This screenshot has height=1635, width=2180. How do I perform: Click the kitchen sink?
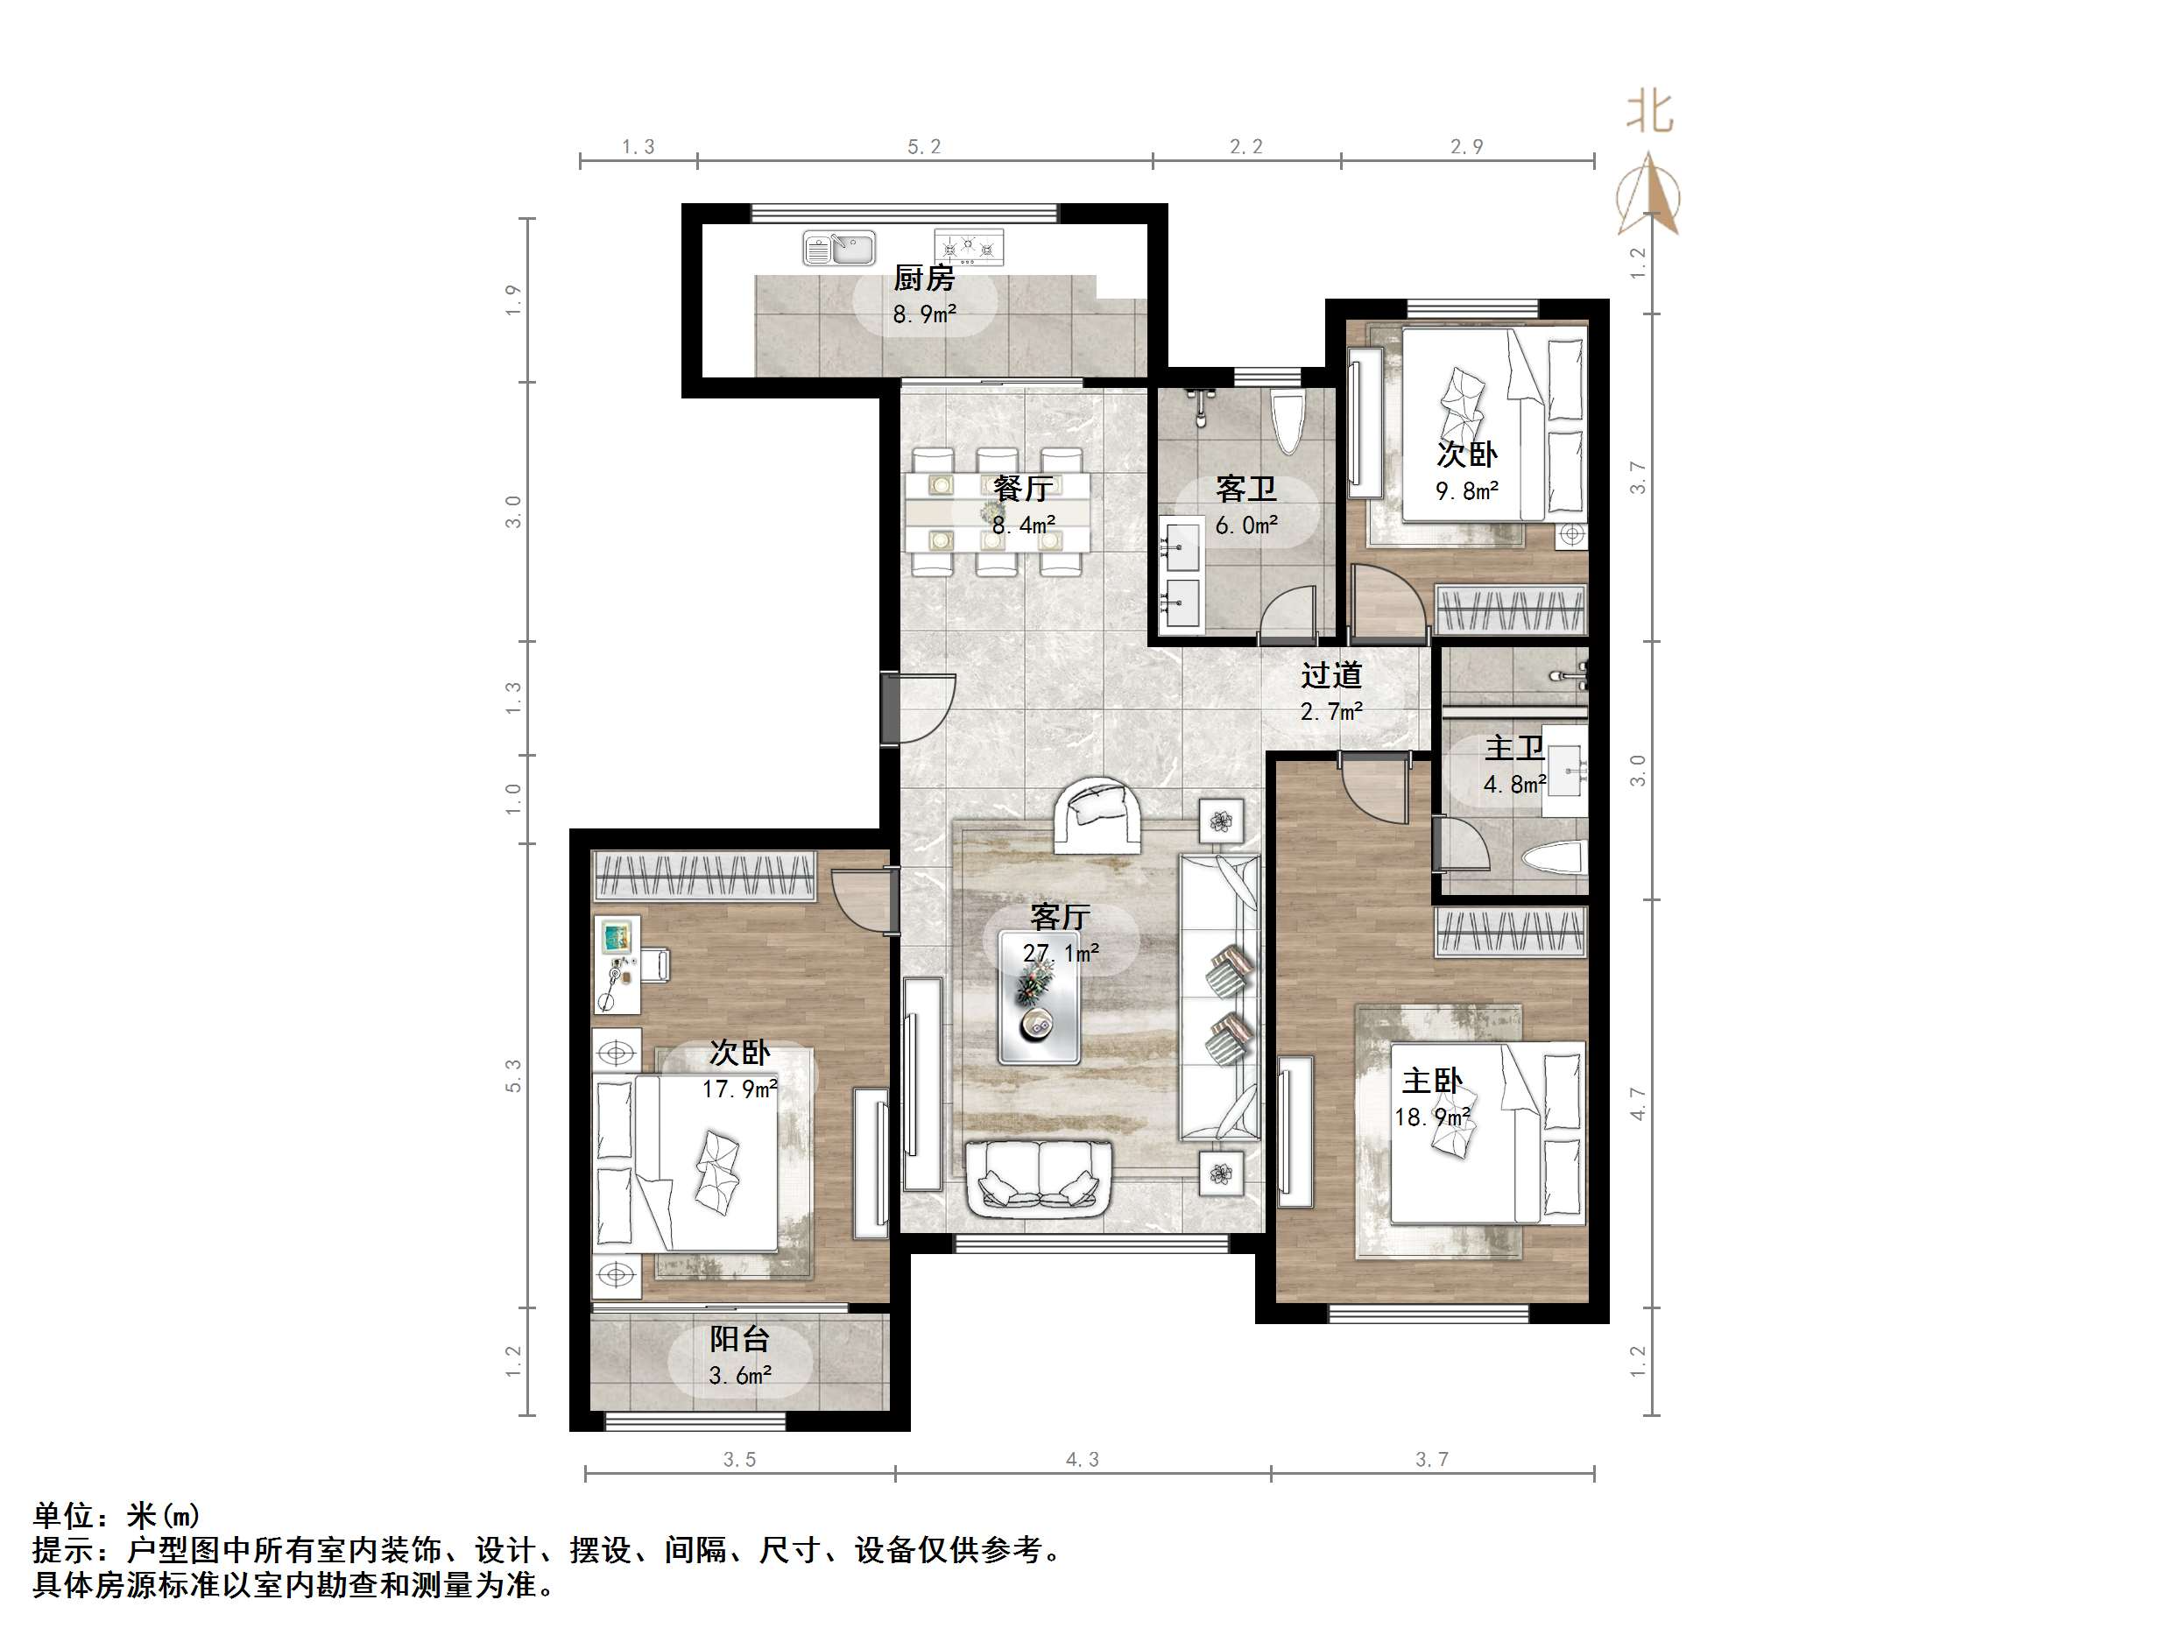(839, 249)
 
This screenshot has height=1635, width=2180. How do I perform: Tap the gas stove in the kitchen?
(968, 247)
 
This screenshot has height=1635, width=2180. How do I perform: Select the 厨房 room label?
(923, 278)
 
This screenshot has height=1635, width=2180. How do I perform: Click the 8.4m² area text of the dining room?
(1024, 525)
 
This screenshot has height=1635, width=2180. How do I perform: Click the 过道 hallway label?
(1330, 675)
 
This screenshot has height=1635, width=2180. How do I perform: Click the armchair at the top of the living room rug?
(1098, 815)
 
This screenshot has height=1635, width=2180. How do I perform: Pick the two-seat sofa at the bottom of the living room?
(1040, 1178)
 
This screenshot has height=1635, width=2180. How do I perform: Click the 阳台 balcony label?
(739, 1338)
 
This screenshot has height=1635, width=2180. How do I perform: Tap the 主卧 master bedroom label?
(1432, 1082)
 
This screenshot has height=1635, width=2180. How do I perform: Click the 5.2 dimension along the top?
(923, 147)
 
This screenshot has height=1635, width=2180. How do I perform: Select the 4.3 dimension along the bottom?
(1081, 1460)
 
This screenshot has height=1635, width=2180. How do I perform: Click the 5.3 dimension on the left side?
(512, 1076)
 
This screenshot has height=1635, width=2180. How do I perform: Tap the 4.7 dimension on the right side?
(1637, 1103)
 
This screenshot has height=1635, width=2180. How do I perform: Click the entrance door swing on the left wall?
(921, 708)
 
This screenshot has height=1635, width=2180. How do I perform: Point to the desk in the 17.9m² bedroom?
(617, 965)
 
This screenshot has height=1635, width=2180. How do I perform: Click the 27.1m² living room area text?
(1061, 953)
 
